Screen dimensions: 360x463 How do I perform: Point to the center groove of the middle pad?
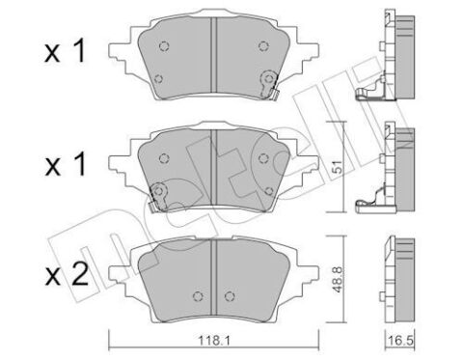tap(213, 168)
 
